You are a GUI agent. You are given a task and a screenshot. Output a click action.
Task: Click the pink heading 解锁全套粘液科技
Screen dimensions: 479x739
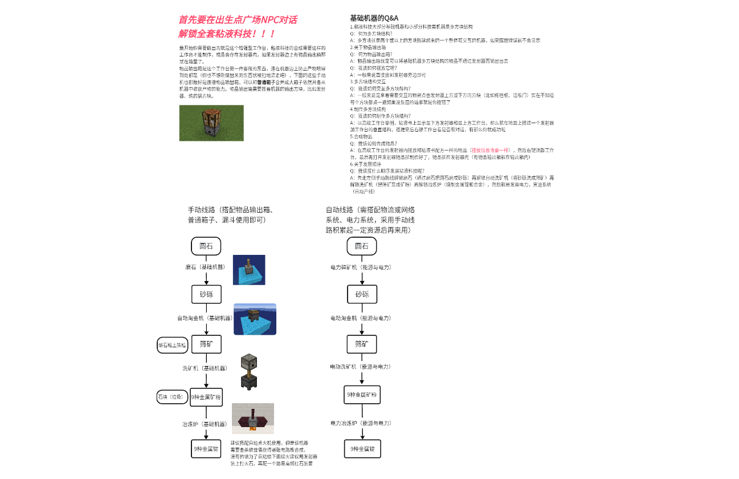coord(227,34)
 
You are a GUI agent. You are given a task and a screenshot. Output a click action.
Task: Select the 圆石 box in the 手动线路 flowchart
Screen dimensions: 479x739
coord(206,246)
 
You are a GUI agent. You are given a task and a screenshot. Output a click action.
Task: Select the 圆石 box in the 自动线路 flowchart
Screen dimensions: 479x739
coord(362,246)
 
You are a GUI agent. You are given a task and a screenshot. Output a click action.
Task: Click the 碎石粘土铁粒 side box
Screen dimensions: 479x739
coord(172,345)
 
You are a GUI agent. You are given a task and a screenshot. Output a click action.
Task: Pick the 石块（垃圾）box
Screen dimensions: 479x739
coord(172,397)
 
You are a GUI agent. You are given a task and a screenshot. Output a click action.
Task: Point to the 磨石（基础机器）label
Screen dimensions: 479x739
coord(205,267)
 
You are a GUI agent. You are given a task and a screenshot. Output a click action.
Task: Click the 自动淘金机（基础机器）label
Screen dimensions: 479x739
coord(205,318)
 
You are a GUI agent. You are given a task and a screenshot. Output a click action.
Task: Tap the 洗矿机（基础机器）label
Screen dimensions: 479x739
coord(205,368)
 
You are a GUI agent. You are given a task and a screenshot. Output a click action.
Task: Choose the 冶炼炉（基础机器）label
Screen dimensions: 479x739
coord(205,424)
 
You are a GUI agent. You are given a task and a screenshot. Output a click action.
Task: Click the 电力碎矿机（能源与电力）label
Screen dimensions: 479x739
coord(361,267)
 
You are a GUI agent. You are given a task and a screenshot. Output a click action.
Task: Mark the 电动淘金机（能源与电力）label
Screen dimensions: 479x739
coord(361,318)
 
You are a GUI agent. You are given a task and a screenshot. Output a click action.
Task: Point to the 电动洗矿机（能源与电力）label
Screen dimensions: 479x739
coord(361,367)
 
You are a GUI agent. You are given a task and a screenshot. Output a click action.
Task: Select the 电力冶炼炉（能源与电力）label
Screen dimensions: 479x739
coord(361,423)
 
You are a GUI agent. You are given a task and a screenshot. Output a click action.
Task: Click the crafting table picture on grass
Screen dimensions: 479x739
coord(211,123)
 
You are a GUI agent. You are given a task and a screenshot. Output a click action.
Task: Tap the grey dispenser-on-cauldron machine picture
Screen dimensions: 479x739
coord(249,371)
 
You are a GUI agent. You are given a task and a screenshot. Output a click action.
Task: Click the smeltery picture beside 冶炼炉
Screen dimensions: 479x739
coord(252,419)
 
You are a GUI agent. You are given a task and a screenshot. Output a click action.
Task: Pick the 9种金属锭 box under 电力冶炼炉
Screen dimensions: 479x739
coord(362,449)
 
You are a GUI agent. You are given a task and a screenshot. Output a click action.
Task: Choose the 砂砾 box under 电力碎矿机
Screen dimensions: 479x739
coord(362,294)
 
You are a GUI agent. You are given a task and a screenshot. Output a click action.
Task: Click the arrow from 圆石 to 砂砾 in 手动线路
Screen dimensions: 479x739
coord(206,277)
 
